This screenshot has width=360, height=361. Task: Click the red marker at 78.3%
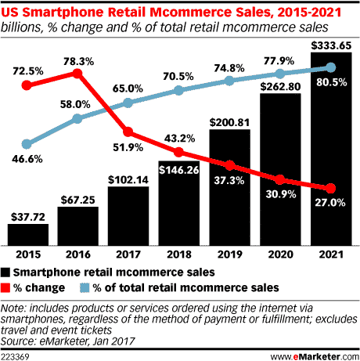pyautogui.click(x=77, y=73)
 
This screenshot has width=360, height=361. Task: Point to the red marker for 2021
pyautogui.click(x=329, y=189)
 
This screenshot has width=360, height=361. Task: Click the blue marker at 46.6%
pyautogui.click(x=28, y=144)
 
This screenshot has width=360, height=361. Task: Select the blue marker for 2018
pyautogui.click(x=178, y=91)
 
